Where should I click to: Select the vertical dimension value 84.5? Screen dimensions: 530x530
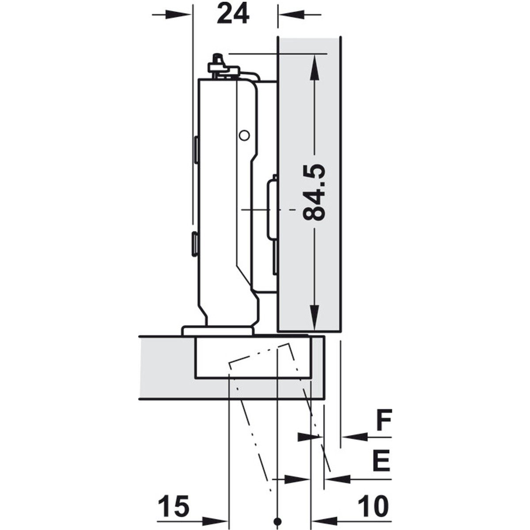pos(314,193)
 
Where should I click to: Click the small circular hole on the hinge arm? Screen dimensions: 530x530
pos(244,135)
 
